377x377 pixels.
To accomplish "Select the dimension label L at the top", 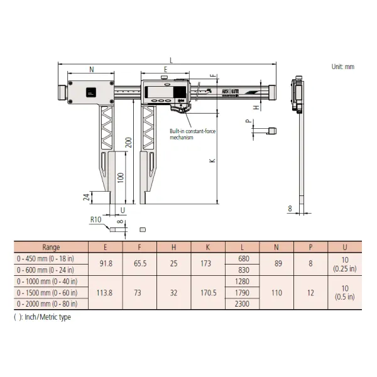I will pyautogui.click(x=171, y=58).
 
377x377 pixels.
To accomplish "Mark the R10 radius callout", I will pyautogui.click(x=95, y=220).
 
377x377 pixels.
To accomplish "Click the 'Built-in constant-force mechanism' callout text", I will pyautogui.click(x=191, y=134).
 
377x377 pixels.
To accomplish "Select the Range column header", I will pyautogui.click(x=51, y=247).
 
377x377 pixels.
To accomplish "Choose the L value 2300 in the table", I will pyautogui.click(x=242, y=303).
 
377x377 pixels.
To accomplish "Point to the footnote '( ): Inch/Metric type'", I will pyautogui.click(x=43, y=317).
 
